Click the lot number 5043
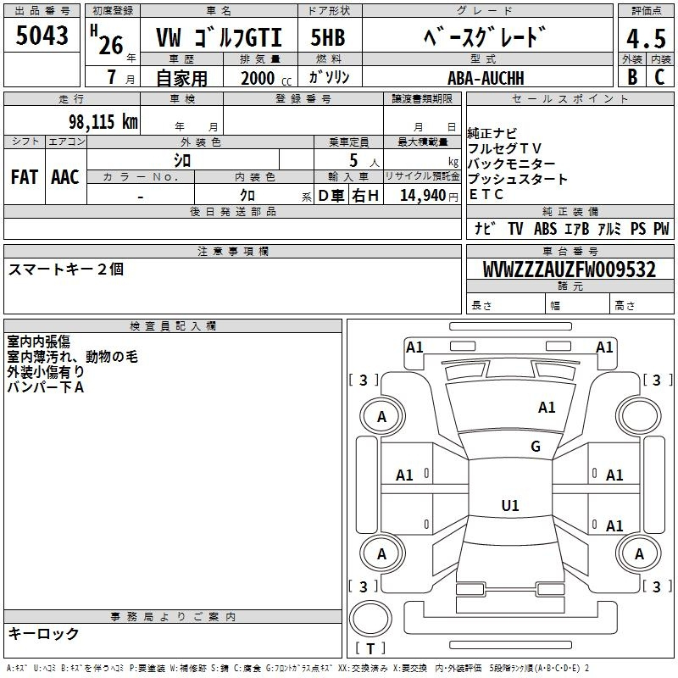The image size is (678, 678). tap(42, 35)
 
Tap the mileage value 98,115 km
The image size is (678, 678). tap(103, 122)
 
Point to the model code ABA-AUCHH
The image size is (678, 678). tap(486, 77)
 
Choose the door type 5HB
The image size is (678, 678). tap(327, 38)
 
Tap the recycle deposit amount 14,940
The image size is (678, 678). tap(423, 195)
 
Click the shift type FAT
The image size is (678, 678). tap(24, 177)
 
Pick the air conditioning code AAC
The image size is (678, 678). tap(65, 177)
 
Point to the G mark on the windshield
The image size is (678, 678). tap(535, 447)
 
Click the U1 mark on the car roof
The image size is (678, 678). tap(509, 506)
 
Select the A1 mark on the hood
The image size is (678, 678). tap(547, 408)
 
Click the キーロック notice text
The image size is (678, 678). tap(43, 634)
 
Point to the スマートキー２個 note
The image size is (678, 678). tap(66, 269)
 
